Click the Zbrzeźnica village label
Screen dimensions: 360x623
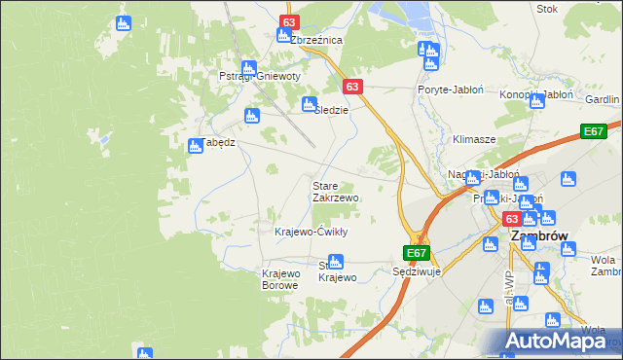[311, 41]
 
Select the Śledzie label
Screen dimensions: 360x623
[330, 110]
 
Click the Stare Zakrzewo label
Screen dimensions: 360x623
[335, 191]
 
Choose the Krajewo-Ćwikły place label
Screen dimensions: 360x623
[311, 232]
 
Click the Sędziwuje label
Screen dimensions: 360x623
[417, 271]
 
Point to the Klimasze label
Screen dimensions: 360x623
[474, 140]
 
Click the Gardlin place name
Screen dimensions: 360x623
[603, 100]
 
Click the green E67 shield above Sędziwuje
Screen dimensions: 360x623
[417, 253]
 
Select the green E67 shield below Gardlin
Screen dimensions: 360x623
[594, 131]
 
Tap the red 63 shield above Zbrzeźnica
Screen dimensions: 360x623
[289, 21]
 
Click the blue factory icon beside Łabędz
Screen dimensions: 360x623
[195, 145]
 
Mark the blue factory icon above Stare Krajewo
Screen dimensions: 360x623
[335, 261]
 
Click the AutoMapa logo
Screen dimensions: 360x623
[557, 341]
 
